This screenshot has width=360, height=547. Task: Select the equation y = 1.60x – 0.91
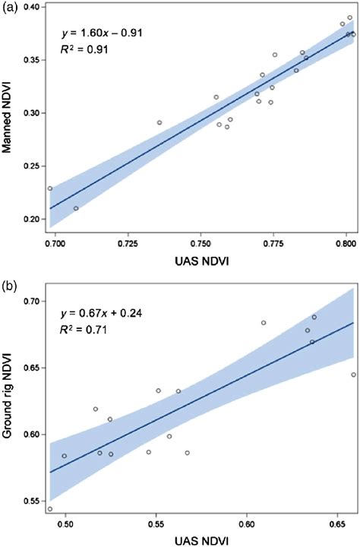coord(100,33)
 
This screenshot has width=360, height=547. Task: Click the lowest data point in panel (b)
coord(50,509)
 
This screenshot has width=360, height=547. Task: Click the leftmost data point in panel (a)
coord(50,188)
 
